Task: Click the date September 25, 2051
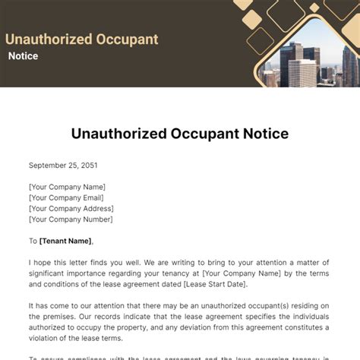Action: (x=64, y=165)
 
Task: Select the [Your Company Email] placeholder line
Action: (x=67, y=197)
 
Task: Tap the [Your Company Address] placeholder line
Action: (x=71, y=208)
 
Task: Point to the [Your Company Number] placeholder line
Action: (x=71, y=219)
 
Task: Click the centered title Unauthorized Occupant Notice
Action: (x=180, y=134)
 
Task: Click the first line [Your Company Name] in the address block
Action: (x=67, y=187)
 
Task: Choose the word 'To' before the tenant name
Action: (x=33, y=241)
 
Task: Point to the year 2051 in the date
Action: (x=87, y=165)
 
